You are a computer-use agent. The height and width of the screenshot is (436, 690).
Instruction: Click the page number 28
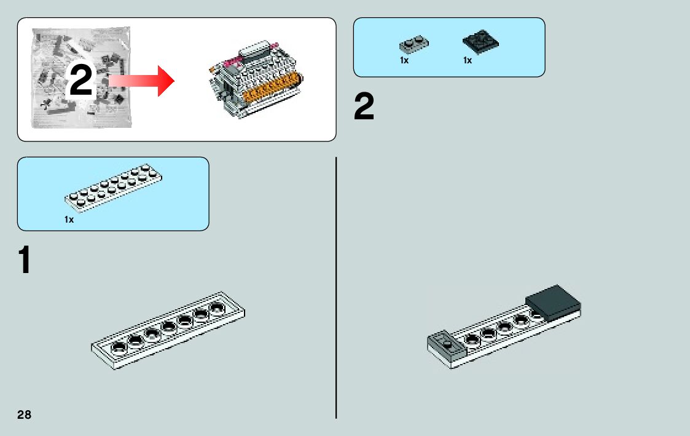click(x=24, y=414)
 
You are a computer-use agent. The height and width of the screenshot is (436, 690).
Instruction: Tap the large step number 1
click(x=25, y=260)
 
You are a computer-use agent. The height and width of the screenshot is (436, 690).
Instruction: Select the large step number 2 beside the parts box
click(x=364, y=106)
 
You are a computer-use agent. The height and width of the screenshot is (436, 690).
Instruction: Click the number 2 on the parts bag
click(x=81, y=80)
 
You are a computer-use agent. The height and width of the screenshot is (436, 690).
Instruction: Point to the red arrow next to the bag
click(x=141, y=81)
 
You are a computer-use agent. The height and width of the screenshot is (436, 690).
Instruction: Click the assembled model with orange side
click(x=256, y=79)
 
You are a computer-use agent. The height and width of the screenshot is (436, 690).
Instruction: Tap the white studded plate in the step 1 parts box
click(x=113, y=189)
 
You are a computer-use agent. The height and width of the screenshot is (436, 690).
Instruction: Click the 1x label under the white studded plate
click(x=69, y=220)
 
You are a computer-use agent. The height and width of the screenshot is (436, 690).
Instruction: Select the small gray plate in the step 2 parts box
click(x=414, y=44)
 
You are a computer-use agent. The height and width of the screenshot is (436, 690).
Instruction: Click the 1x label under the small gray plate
click(x=404, y=60)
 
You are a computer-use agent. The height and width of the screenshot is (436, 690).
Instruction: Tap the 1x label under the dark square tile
click(x=468, y=60)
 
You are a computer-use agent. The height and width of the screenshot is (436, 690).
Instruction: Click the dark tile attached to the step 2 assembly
click(x=553, y=302)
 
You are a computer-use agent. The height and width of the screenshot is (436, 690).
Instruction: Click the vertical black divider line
click(x=336, y=288)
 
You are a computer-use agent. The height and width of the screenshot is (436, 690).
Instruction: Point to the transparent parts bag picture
click(x=81, y=78)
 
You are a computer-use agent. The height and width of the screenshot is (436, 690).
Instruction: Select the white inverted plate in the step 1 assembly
click(x=168, y=330)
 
